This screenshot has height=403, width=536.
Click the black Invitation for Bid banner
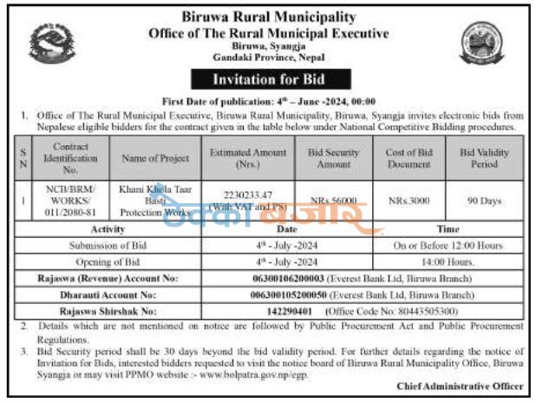click(269, 80)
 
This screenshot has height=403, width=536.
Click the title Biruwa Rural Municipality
click(269, 17)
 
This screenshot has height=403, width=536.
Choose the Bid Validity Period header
click(484, 157)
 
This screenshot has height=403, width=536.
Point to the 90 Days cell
click(484, 201)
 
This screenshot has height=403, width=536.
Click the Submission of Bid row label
click(108, 246)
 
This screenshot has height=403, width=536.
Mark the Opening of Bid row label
click(108, 260)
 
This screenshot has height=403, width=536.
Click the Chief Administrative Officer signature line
click(460, 386)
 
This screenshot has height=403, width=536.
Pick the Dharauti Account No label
click(108, 294)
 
